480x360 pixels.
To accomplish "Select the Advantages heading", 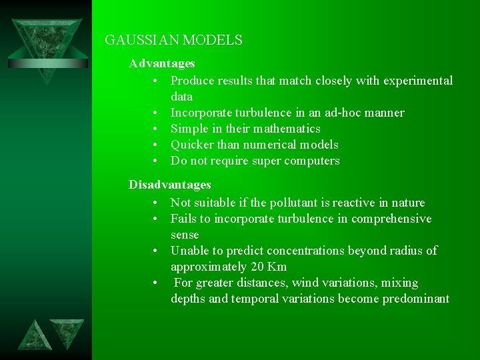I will pos(162,63).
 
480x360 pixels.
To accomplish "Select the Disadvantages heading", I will pos(170,185).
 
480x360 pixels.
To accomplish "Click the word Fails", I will pos(184,219).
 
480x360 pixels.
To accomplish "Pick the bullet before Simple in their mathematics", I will pos(154,129).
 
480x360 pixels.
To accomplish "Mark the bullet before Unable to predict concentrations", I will pos(154,251).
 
